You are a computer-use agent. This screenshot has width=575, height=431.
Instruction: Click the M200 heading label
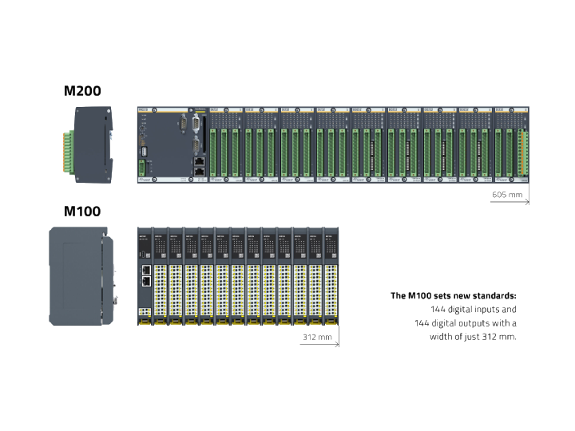pos(82,91)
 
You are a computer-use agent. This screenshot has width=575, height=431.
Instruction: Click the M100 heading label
pos(82,212)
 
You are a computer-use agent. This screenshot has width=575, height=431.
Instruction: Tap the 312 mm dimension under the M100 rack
pos(317,338)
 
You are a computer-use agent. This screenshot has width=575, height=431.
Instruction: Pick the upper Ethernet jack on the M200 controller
pos(197,160)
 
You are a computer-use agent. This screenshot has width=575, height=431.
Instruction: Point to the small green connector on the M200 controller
pos(143,168)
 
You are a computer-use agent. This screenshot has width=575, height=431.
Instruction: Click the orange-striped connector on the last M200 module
pos(524,152)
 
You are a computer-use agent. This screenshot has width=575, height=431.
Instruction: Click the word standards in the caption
pos(496,296)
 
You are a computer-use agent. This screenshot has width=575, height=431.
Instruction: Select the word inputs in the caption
pos(483,310)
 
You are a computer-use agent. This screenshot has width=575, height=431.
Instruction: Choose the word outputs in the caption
pos(482,323)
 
